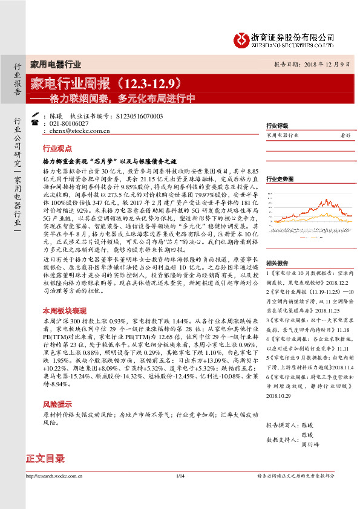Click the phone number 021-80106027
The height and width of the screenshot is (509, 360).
(69, 123)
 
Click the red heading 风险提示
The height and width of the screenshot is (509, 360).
(57, 404)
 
